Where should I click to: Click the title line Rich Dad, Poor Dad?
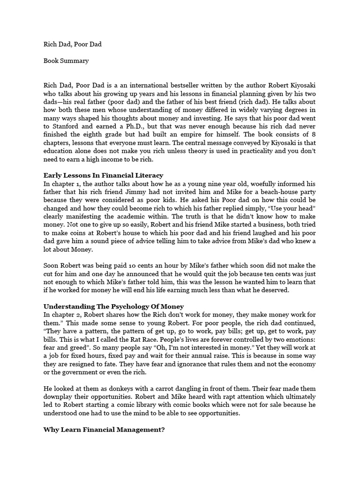[x=72, y=45]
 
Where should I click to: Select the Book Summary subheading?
[x=66, y=60]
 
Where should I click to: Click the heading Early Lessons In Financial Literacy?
[x=103, y=175]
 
